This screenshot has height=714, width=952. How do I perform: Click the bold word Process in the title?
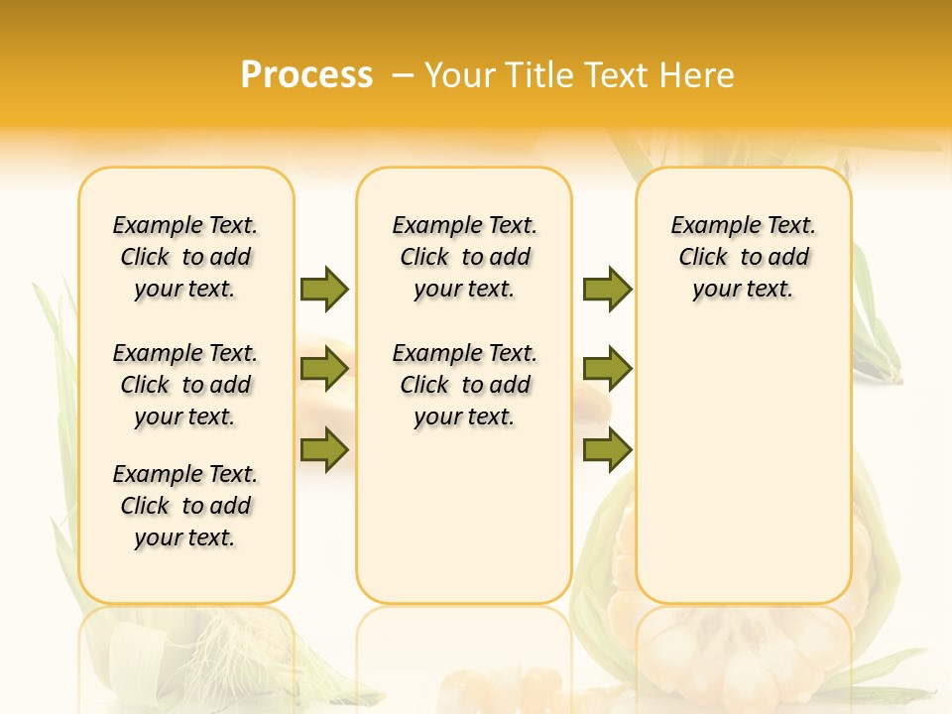306,75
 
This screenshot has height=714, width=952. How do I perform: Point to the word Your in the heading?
461,75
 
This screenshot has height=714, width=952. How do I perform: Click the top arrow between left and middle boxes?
324,289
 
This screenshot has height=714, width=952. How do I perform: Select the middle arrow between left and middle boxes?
324,370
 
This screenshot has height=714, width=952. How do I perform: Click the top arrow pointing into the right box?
607,289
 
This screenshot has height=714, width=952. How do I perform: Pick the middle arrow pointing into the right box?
607,370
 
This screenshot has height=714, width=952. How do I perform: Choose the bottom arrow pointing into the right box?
607,450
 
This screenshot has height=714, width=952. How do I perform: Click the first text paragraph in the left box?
185,257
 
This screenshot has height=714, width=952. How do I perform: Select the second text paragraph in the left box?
185,385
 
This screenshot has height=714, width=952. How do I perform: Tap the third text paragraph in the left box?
185,506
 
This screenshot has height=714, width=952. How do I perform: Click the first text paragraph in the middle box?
464,257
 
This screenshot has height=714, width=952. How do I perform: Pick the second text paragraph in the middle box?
464,385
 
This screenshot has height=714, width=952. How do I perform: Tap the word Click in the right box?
703,258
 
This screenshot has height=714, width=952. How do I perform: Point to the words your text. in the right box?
743,290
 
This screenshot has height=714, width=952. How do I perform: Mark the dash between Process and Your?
403,75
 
